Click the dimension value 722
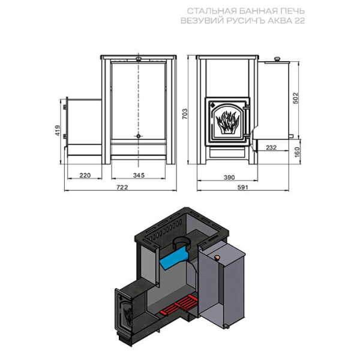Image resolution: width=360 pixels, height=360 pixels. [x=122, y=187]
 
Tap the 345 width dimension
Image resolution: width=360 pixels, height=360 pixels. [x=139, y=175]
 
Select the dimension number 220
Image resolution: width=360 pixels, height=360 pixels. [x=85, y=175]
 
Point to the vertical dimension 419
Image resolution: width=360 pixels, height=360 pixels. [x=58, y=130]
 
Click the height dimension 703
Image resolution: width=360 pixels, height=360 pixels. [x=185, y=114]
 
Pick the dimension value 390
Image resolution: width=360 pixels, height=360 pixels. [x=229, y=177]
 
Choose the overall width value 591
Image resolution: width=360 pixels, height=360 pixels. [x=242, y=187]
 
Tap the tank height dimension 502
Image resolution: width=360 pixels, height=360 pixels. [x=296, y=98]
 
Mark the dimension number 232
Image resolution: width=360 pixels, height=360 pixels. [x=271, y=147]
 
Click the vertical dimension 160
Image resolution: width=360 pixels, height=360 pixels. [x=297, y=152]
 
